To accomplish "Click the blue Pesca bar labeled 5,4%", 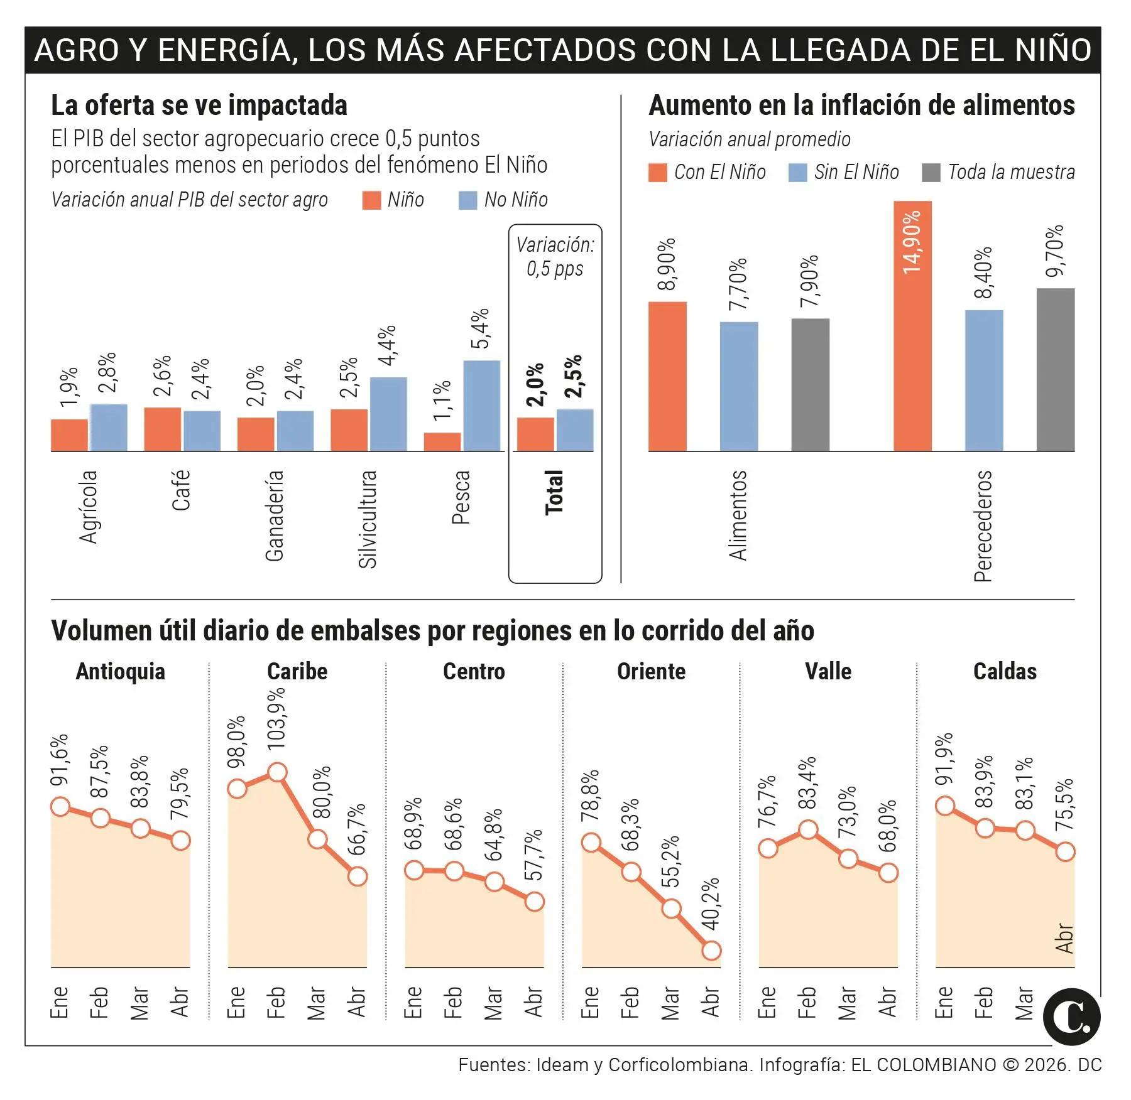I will click(x=481, y=406).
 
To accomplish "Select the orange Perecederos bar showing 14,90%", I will click(x=912, y=326).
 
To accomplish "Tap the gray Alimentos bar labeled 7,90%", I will click(x=810, y=385).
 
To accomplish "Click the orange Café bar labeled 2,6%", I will click(x=162, y=429).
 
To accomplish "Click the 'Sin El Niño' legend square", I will click(x=797, y=173).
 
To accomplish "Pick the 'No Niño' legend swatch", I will click(x=467, y=200).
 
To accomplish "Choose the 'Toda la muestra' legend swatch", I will click(x=931, y=173).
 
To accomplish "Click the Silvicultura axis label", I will click(x=368, y=519).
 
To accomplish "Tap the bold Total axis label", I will click(x=554, y=492).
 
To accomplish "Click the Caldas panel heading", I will click(x=1004, y=671).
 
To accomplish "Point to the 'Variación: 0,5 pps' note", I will click(x=555, y=256).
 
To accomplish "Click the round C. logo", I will click(x=1071, y=1016).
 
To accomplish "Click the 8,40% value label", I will click(x=983, y=272).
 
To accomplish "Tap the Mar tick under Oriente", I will click(x=670, y=1003).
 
